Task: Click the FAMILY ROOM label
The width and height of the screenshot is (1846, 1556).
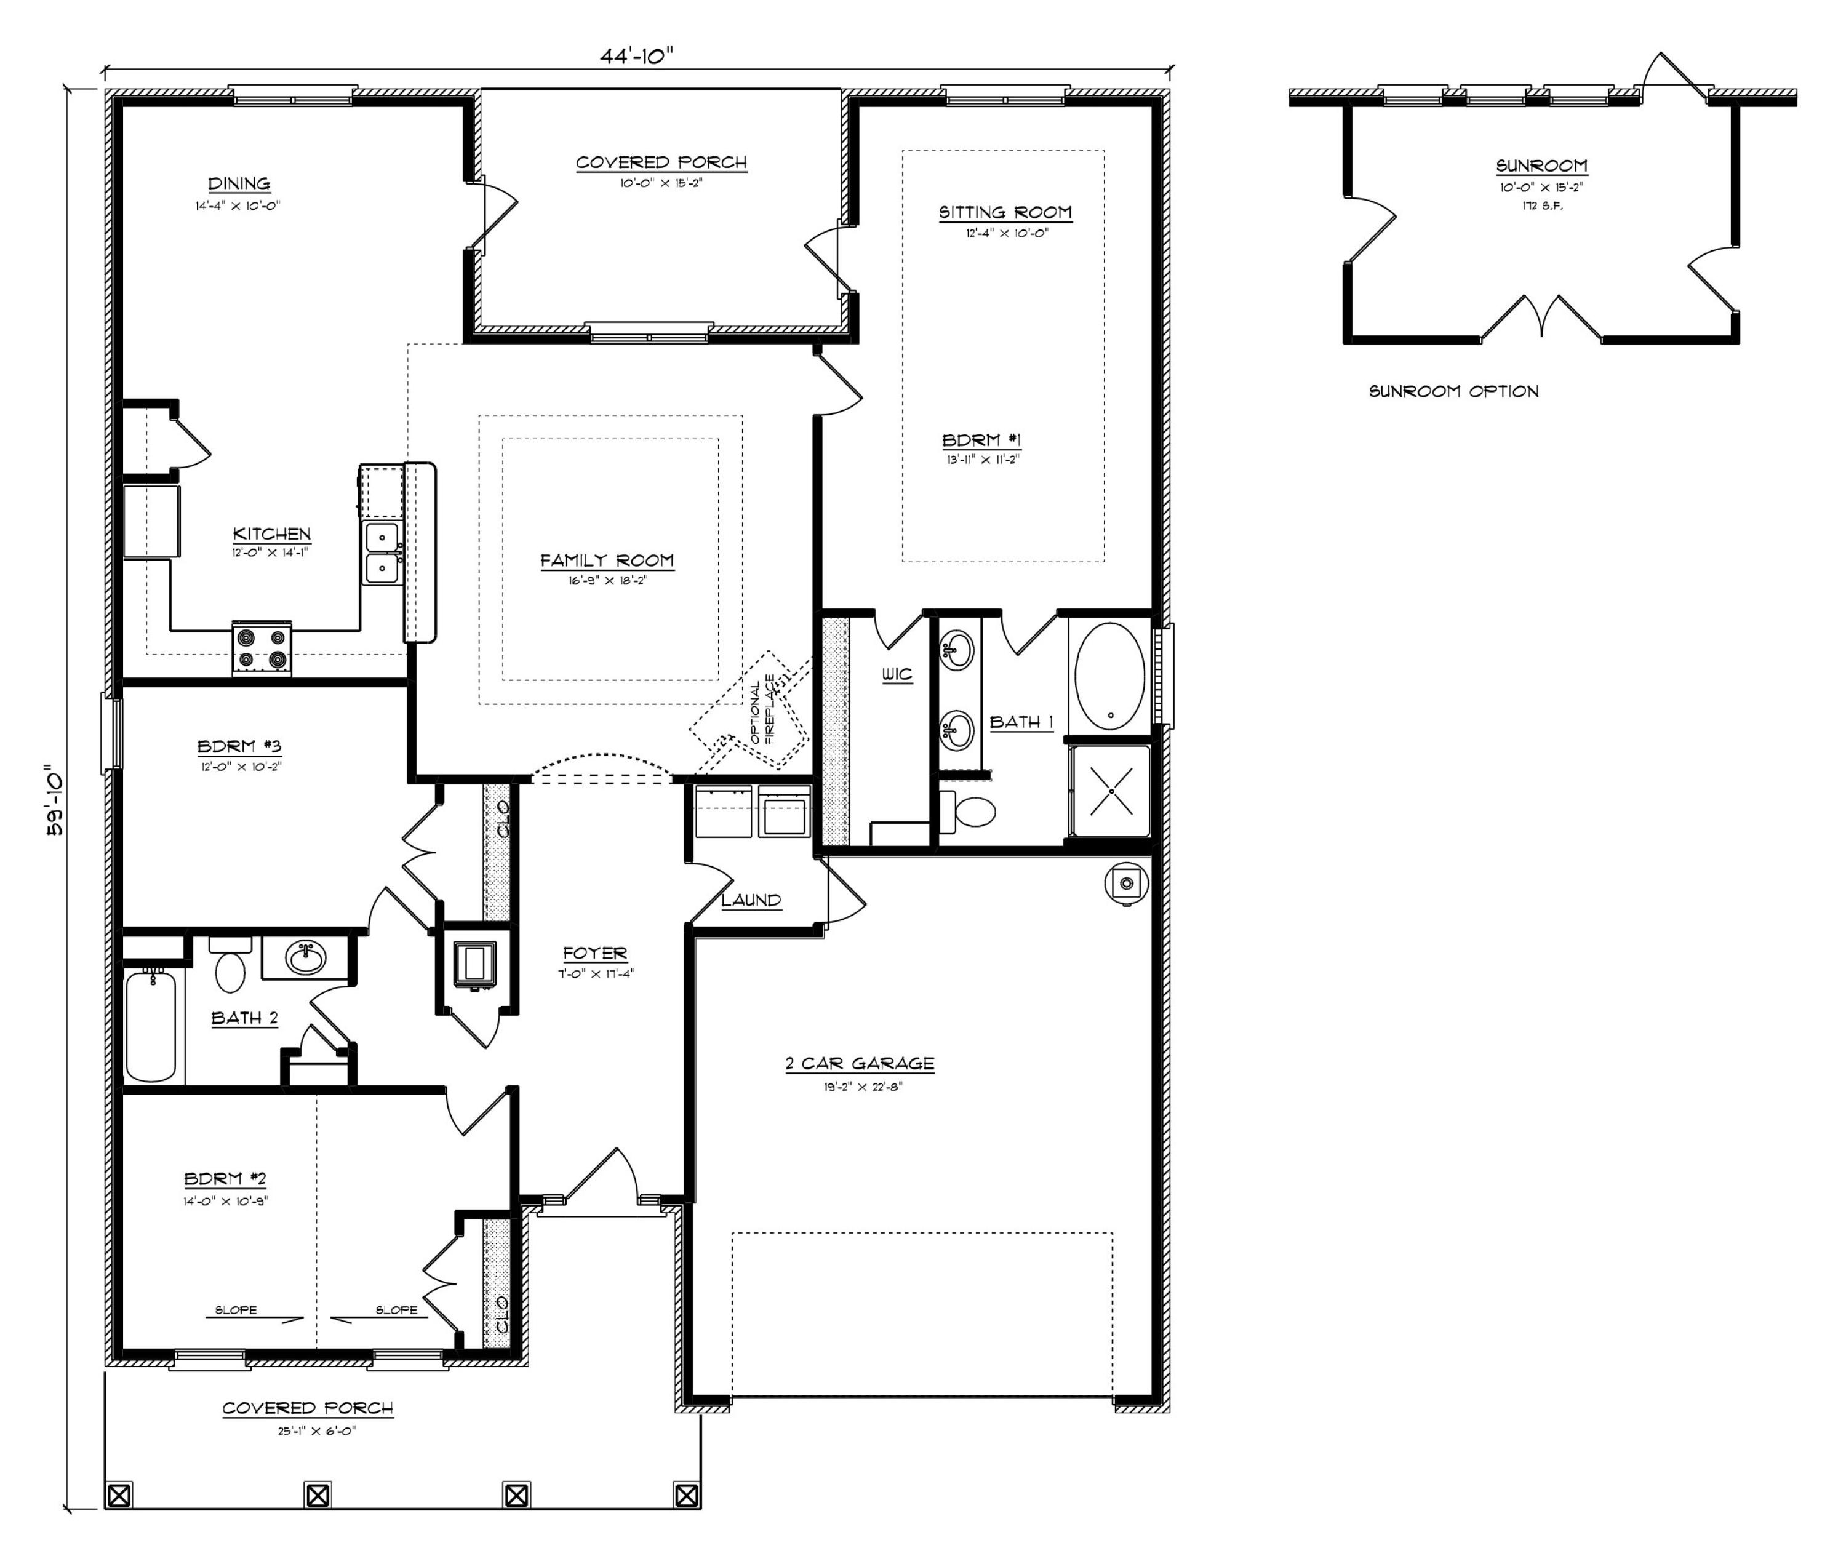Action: (607, 560)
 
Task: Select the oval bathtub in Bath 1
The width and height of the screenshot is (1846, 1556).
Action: (1109, 677)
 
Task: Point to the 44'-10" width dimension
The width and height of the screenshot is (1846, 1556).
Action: (637, 55)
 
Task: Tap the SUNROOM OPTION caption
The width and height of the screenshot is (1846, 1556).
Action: (1453, 391)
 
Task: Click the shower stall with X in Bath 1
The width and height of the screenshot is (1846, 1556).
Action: (1109, 791)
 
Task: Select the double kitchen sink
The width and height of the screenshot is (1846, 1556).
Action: (383, 552)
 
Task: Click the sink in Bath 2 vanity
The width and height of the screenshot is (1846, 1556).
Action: (306, 957)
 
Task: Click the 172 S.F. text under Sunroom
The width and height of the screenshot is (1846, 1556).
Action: (1541, 205)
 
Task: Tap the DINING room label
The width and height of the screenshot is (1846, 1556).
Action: (239, 183)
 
